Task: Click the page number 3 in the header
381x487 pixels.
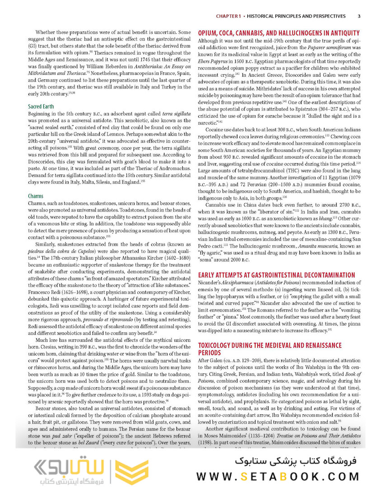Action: tap(358, 16)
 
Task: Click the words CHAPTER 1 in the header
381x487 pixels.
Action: tap(228, 16)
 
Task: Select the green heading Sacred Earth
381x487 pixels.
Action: tap(41, 106)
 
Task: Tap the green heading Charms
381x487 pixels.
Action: tap(36, 196)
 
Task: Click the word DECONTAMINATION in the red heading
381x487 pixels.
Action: tap(321, 274)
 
